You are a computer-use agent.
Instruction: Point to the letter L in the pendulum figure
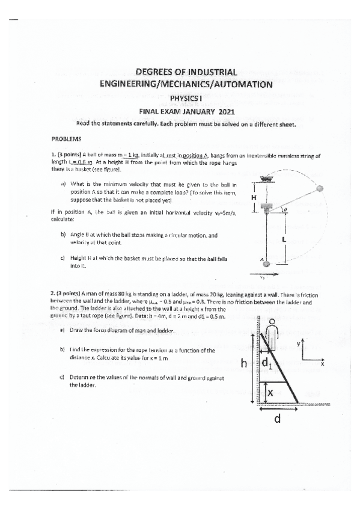(283, 239)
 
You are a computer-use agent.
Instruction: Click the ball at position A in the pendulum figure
(266, 263)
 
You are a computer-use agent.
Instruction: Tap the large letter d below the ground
(277, 419)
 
